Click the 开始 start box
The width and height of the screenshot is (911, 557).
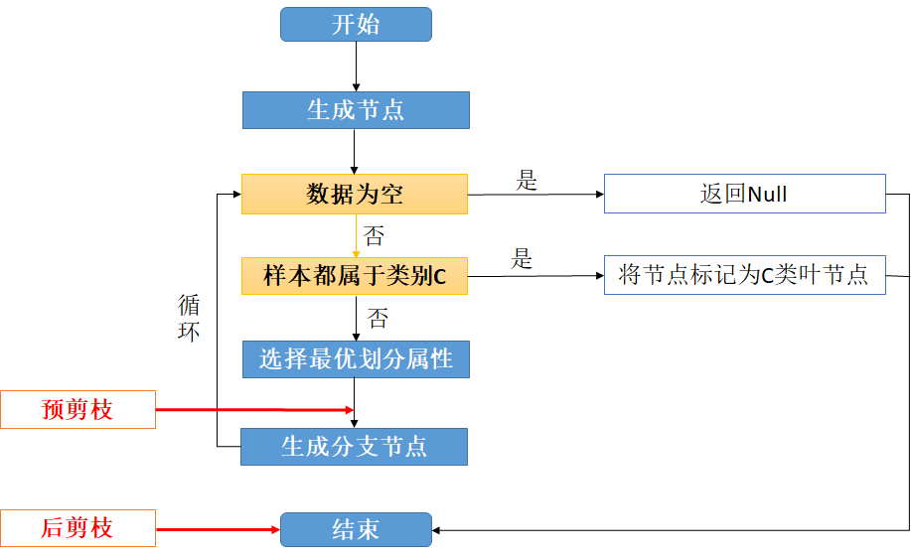[x=356, y=25]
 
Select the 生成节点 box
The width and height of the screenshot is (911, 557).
[x=356, y=110]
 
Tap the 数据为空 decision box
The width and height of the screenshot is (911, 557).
[x=355, y=194]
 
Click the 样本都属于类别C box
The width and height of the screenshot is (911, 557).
[x=355, y=276]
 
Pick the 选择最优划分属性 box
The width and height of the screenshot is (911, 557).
[x=356, y=359]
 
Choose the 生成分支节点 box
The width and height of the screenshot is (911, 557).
[x=355, y=446]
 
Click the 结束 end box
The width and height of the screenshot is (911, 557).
[x=356, y=529]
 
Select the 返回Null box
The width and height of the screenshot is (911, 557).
[x=744, y=194]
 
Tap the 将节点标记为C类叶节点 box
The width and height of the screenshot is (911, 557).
[x=744, y=275]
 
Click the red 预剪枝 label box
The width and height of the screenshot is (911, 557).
[x=77, y=409]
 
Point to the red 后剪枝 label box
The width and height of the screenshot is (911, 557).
[x=77, y=528]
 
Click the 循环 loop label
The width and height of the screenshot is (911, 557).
[x=189, y=318]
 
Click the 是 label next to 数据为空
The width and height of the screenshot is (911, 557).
[x=527, y=181]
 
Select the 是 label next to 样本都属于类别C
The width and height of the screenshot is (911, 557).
[x=523, y=260]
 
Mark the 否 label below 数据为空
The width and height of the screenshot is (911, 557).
[x=375, y=235]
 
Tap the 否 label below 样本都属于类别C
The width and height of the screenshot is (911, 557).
[x=379, y=319]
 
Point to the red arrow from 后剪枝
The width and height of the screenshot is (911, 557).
[x=219, y=529]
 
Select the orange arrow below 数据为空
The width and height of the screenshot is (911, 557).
[x=355, y=235]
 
